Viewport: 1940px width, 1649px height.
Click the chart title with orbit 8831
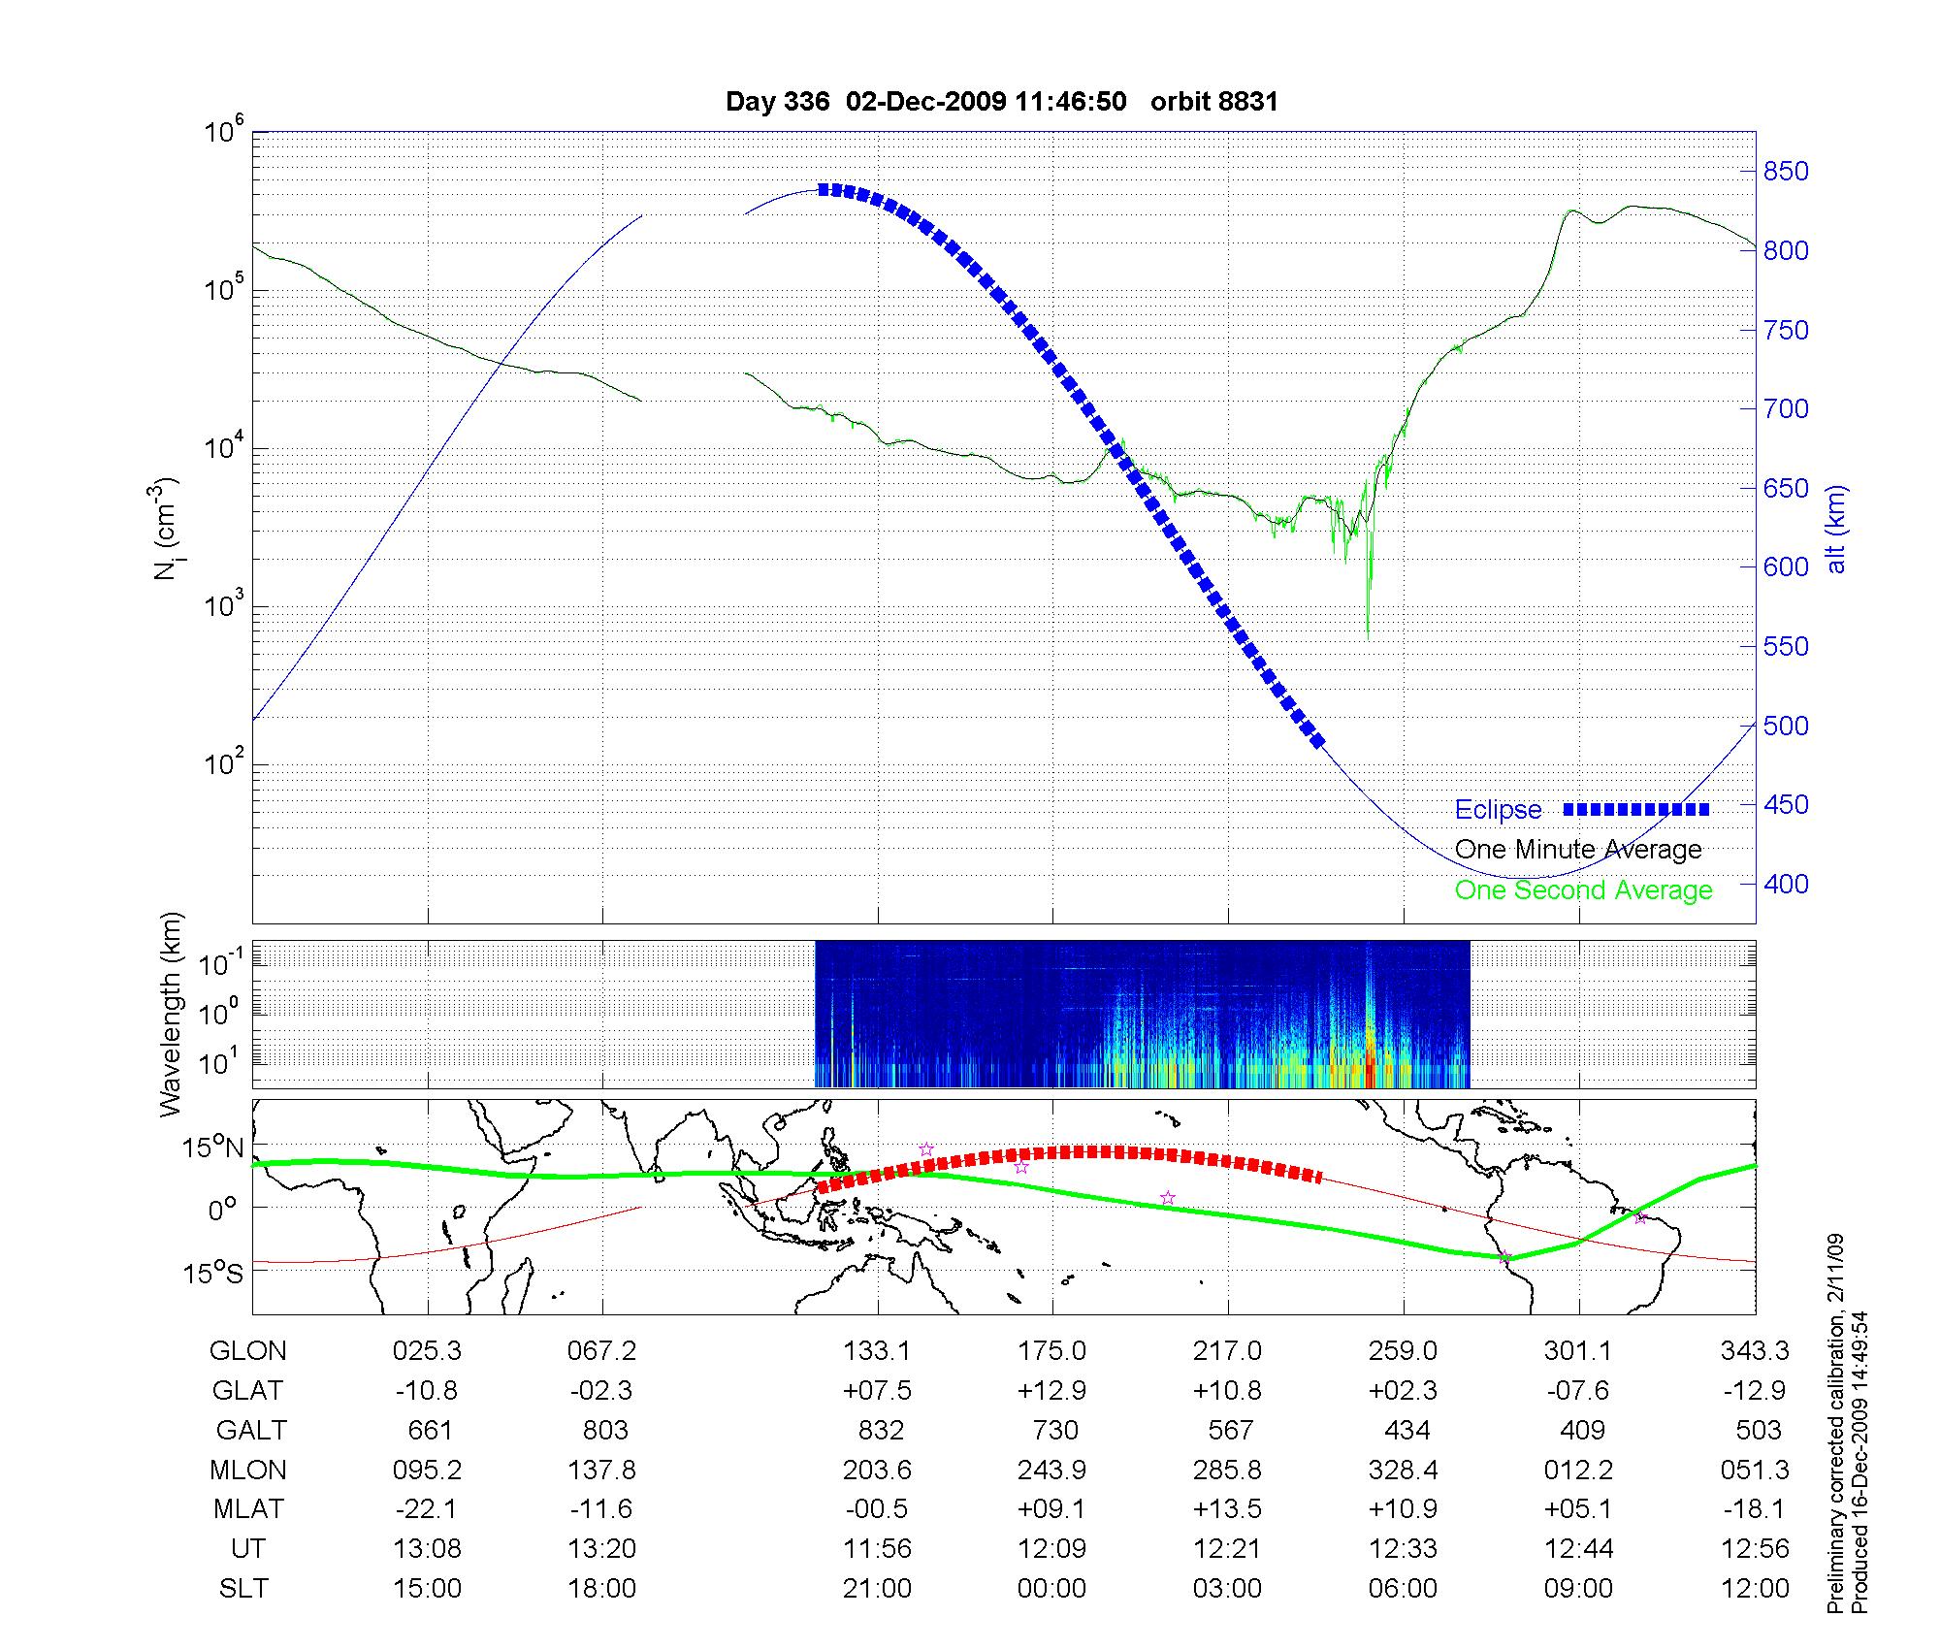click(x=1001, y=102)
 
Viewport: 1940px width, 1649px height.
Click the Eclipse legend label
click(x=1498, y=810)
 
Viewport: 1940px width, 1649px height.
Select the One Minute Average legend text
click(x=1578, y=850)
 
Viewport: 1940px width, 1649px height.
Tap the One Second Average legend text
click(x=1583, y=890)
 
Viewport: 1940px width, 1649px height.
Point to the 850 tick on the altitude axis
click(x=1785, y=172)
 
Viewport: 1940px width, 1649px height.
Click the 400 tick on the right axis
click(x=1785, y=884)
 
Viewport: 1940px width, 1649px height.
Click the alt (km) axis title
click(x=1836, y=530)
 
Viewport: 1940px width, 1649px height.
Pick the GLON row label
click(x=248, y=1351)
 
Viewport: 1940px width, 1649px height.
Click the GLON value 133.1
click(x=877, y=1351)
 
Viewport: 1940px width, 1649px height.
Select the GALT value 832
click(x=880, y=1431)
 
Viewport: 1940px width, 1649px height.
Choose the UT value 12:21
click(x=1227, y=1549)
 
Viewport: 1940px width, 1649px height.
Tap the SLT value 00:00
click(x=1051, y=1589)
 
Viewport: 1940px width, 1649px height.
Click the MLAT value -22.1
click(x=427, y=1509)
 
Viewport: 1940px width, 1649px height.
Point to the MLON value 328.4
click(x=1403, y=1470)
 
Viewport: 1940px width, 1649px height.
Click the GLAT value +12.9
click(x=1051, y=1391)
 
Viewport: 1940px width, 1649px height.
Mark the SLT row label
click(x=243, y=1589)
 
